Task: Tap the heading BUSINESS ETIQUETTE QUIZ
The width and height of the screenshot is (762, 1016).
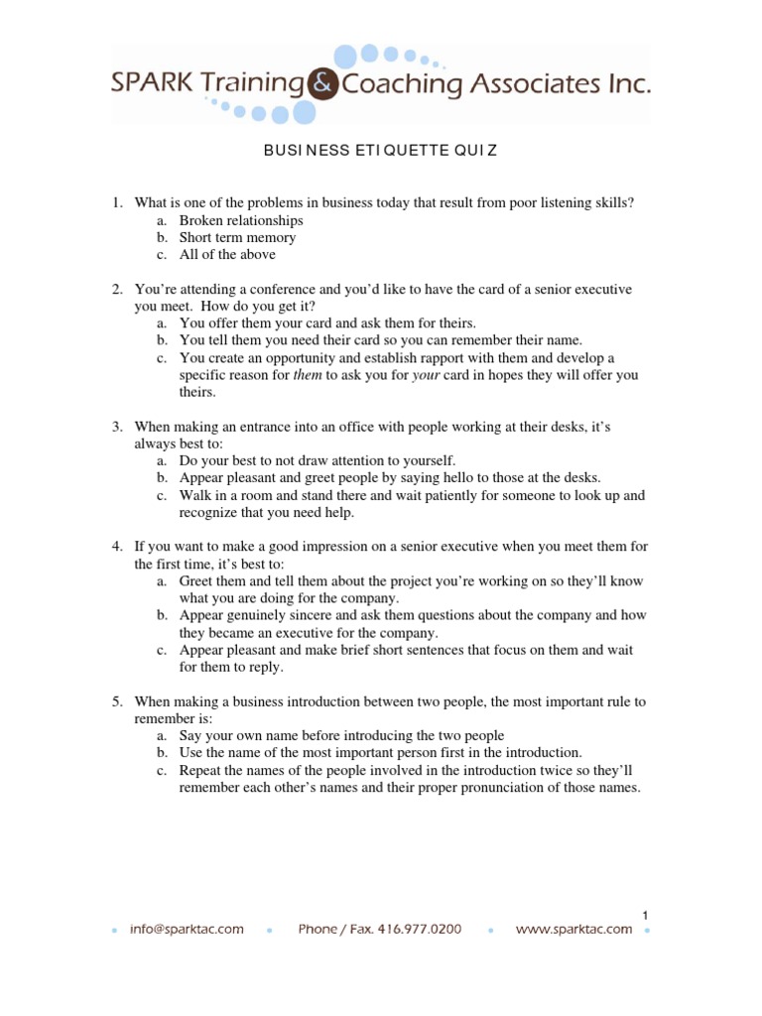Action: click(380, 151)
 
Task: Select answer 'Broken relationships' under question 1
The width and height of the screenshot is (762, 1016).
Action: click(241, 220)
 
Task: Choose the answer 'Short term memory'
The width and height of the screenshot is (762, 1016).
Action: click(237, 238)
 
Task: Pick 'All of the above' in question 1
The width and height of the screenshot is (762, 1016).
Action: click(227, 255)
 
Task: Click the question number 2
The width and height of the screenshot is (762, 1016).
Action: click(116, 289)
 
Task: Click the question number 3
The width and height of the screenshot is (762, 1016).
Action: click(116, 426)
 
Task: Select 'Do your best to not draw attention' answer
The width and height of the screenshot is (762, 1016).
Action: click(317, 460)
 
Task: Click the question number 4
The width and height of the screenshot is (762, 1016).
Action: click(116, 547)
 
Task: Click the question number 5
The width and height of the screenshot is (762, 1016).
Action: click(116, 701)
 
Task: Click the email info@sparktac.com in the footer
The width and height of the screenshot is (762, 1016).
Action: click(187, 930)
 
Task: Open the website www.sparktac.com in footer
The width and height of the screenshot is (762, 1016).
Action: click(573, 930)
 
